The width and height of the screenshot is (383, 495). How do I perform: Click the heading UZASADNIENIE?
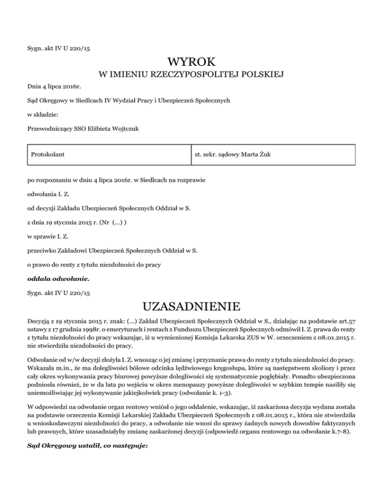pos(191,304)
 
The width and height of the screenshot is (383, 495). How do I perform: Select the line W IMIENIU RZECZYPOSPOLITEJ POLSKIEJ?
pos(191,75)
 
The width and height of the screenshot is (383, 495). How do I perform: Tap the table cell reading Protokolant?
pos(48,155)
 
